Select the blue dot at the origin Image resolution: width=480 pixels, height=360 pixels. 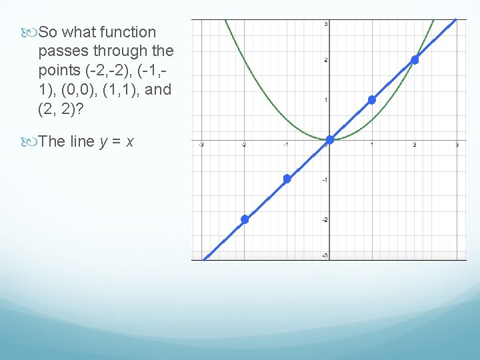(x=329, y=139)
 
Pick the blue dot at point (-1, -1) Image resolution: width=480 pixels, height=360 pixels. (x=287, y=179)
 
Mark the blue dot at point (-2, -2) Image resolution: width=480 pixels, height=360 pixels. (x=245, y=219)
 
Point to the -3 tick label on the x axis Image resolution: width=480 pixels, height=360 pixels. (x=201, y=145)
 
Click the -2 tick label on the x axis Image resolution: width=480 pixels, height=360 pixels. (x=244, y=145)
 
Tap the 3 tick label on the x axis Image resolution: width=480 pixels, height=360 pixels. (x=457, y=145)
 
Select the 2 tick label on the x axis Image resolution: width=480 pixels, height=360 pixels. (x=414, y=145)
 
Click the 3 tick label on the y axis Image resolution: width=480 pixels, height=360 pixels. (x=325, y=24)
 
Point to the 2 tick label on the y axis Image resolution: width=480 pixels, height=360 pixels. (x=325, y=60)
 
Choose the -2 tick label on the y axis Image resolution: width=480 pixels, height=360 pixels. (x=324, y=220)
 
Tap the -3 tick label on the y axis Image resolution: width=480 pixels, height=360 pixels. (x=324, y=255)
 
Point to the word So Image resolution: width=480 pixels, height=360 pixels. (x=49, y=32)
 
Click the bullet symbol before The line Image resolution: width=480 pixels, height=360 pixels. (x=31, y=141)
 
